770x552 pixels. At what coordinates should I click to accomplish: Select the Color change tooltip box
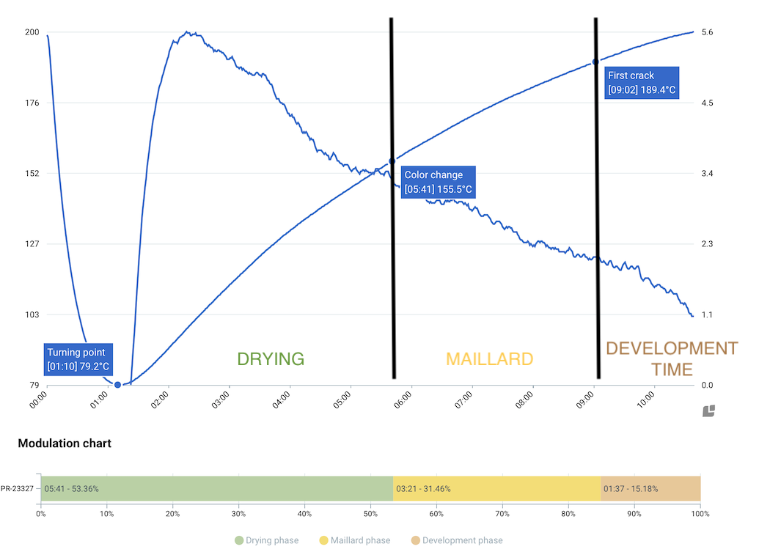439,183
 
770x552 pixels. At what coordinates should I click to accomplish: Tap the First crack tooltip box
642,83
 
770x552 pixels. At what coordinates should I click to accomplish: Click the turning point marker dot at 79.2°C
117,384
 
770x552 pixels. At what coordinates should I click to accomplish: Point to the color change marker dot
392,161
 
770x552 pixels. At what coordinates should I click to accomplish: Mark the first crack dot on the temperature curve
595,62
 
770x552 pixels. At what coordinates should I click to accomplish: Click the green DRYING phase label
270,359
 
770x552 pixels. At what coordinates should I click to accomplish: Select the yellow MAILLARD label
489,359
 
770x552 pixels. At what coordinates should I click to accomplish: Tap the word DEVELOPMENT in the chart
671,348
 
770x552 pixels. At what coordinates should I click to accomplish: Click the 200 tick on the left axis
32,32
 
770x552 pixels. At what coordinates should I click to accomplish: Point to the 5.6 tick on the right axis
708,32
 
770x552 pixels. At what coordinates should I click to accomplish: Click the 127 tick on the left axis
32,244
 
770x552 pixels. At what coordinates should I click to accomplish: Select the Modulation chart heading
65,444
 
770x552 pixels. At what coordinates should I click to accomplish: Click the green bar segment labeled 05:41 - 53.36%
216,488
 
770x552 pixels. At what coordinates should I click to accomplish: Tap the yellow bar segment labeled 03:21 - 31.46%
496,488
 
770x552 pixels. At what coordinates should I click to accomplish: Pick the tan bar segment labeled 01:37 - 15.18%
650,488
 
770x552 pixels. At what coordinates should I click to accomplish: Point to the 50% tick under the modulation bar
370,514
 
